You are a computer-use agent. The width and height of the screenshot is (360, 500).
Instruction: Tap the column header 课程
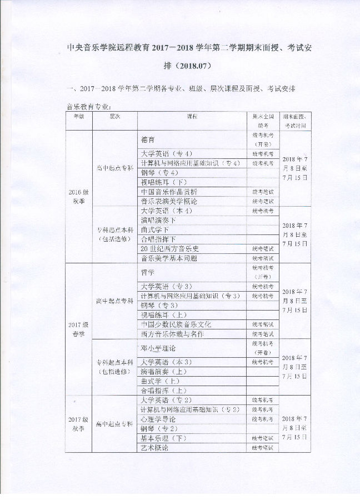click(192, 117)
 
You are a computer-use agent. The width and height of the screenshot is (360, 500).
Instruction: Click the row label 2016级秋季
click(78, 197)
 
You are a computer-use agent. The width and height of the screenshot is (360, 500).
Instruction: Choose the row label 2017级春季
click(78, 329)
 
